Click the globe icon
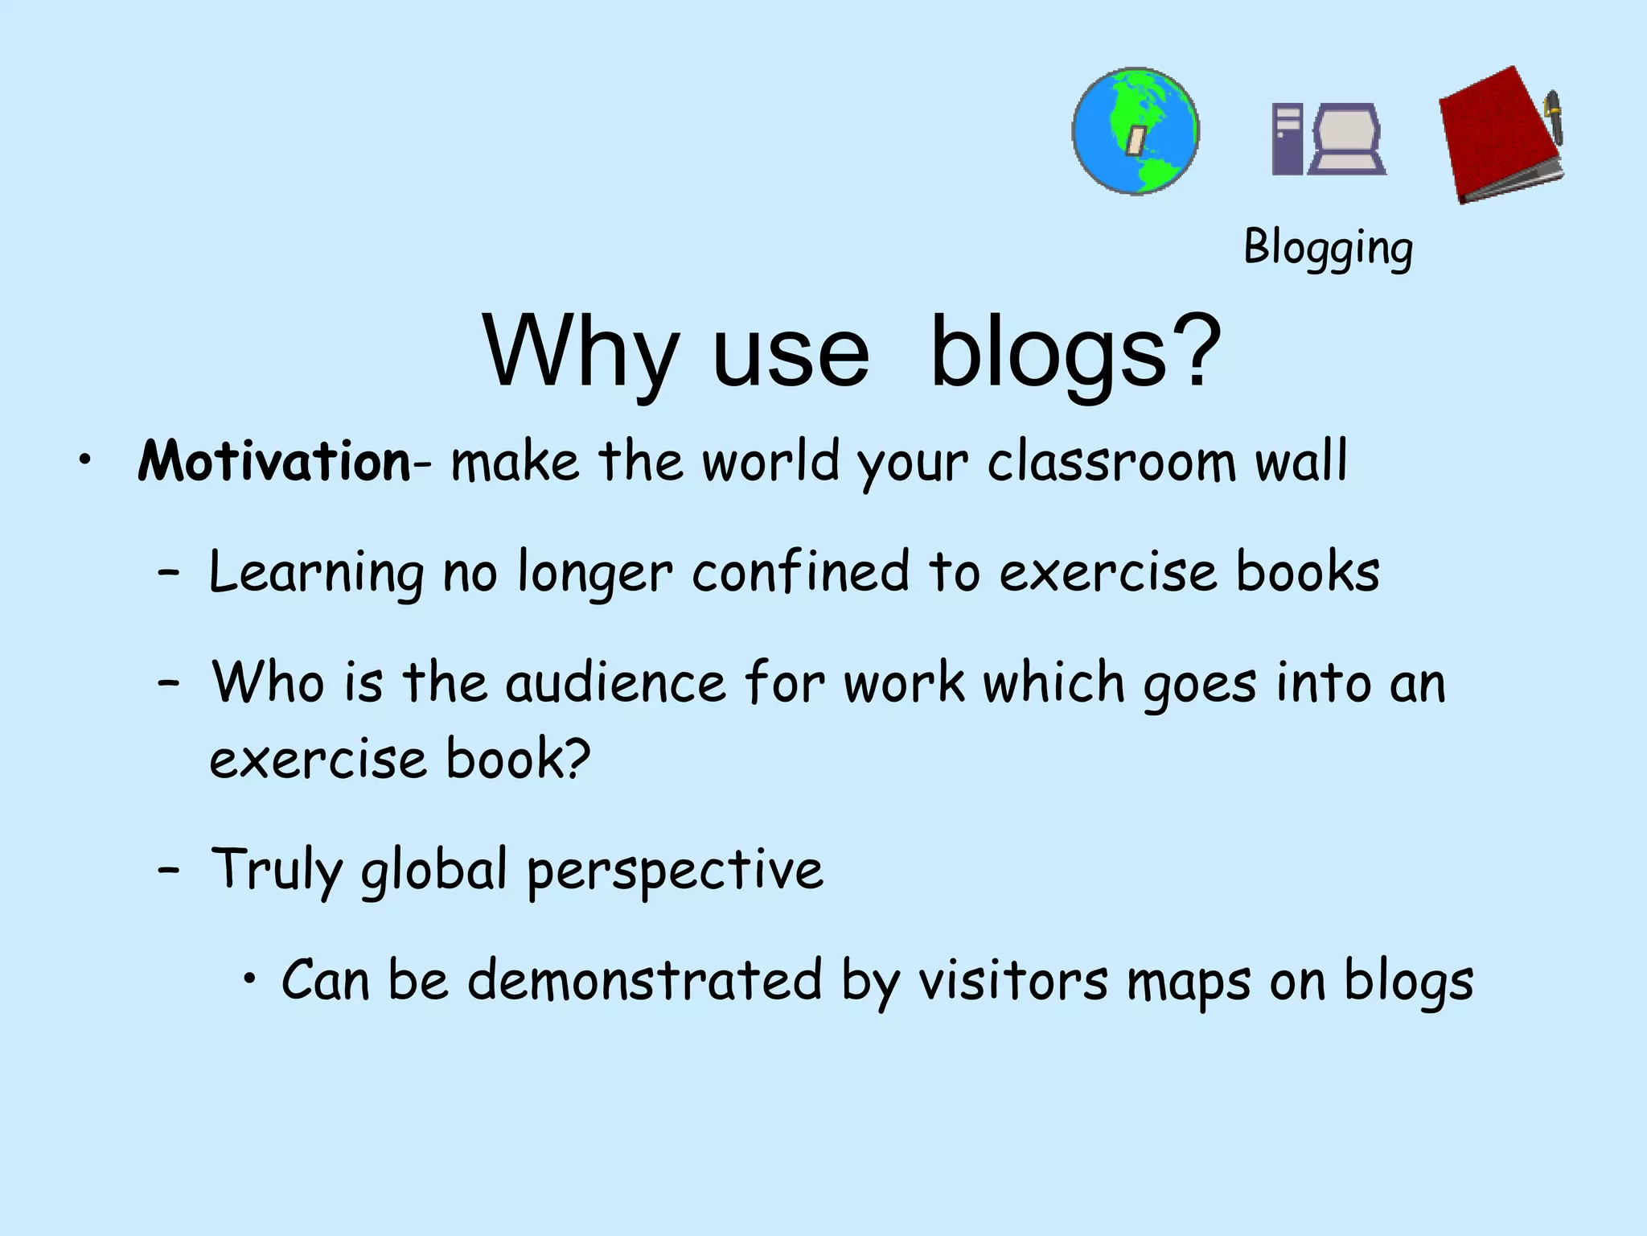1136,131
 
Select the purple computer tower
1287,138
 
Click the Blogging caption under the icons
1328,247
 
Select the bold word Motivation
274,462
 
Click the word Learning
316,573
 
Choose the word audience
616,683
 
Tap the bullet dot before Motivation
84,460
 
